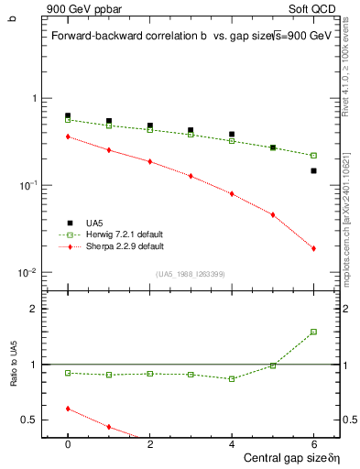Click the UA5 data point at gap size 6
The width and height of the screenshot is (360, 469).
(x=313, y=170)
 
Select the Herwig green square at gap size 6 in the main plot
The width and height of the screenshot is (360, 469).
(x=313, y=156)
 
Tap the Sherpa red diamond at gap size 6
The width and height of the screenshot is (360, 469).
(x=313, y=248)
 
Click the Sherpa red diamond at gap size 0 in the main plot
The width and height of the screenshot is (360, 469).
(x=68, y=136)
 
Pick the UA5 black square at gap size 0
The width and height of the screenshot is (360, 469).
(x=68, y=115)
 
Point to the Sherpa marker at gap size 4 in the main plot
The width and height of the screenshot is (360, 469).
(x=232, y=193)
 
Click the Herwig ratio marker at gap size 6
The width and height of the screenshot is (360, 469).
(x=313, y=332)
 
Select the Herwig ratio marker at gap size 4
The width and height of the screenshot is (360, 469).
(x=232, y=378)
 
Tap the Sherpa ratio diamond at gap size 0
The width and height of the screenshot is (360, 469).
(x=68, y=409)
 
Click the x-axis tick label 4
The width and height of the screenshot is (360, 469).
(x=232, y=443)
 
